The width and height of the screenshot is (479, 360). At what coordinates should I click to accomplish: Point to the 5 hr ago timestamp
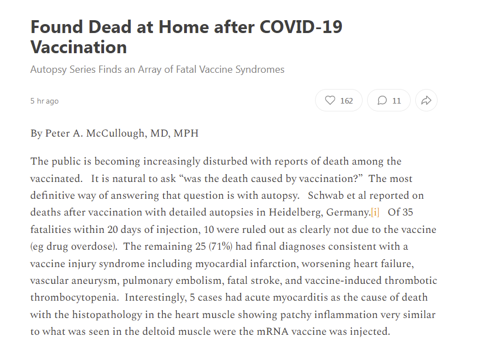[44, 101]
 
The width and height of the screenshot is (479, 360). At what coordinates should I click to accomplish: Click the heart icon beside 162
[330, 101]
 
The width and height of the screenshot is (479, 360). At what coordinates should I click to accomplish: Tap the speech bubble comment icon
[382, 101]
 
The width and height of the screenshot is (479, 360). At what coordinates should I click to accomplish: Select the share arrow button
[426, 101]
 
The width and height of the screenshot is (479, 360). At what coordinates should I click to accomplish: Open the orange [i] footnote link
[375, 213]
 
